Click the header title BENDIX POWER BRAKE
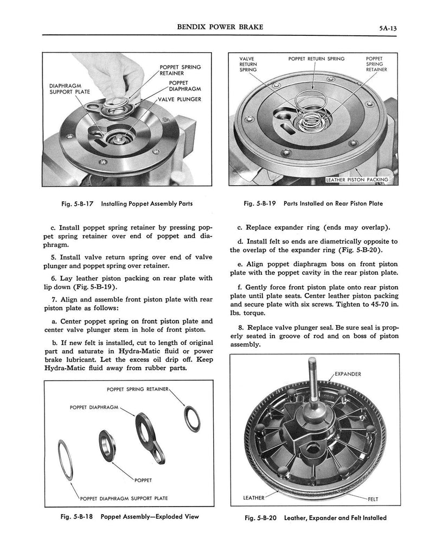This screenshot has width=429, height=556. point(215,26)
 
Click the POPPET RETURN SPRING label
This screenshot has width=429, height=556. point(316,59)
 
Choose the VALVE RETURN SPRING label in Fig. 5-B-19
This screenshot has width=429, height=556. point(248,64)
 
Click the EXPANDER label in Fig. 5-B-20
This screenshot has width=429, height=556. point(348,374)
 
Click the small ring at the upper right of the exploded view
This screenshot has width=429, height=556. point(192,416)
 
